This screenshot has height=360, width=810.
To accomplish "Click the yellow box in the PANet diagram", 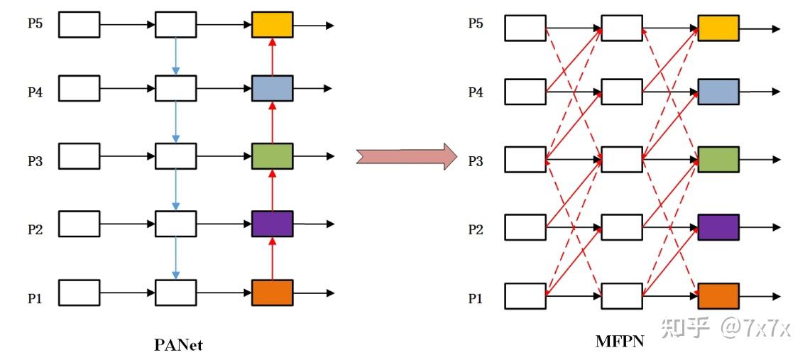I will tap(273, 25).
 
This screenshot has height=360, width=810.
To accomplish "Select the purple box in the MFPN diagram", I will tap(718, 227).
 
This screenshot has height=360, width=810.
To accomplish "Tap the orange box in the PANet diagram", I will tap(273, 293).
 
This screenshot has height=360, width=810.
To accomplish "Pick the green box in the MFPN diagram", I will tap(718, 160).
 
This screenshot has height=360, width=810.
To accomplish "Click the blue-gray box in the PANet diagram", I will tap(273, 88).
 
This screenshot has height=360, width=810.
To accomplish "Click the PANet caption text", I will tap(178, 345).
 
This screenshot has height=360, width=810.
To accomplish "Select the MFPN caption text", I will tap(620, 342).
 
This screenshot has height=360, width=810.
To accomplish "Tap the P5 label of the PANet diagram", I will tap(35, 24).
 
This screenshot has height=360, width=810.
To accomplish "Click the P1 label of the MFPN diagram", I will tap(475, 299).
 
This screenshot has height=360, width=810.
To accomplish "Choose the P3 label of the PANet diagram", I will tap(35, 161).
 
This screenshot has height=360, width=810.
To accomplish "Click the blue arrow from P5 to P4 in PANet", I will tap(176, 56).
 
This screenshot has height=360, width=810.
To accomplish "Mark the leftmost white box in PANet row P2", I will tap(79, 224).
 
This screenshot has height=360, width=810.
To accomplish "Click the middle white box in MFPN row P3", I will tap(622, 160).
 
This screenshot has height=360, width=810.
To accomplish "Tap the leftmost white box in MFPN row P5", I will tap(525, 28).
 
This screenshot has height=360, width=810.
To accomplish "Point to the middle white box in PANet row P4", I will tap(176, 88).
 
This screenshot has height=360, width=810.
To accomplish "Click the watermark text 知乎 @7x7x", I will tap(724, 327).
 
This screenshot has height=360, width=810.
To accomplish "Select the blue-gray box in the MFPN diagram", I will tap(718, 92).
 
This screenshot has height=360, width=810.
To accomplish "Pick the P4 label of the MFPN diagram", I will tap(475, 92).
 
